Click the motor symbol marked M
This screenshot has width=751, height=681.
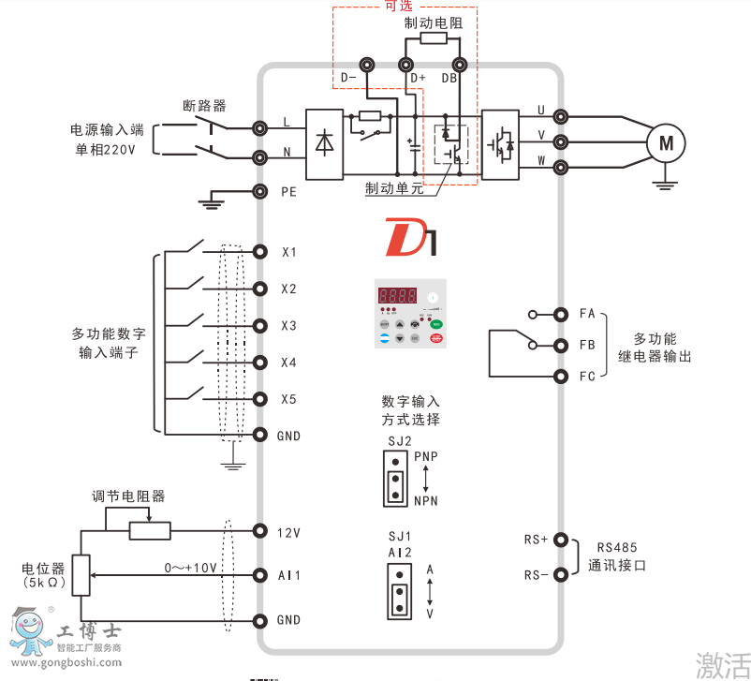(666, 142)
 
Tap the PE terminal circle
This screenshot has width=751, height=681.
(260, 192)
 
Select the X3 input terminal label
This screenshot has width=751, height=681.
(288, 326)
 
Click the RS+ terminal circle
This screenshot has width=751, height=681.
(561, 540)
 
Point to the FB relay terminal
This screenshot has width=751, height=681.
(561, 345)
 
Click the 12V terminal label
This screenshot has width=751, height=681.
(288, 533)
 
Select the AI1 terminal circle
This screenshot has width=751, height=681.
(260, 574)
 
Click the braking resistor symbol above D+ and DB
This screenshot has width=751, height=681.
(433, 39)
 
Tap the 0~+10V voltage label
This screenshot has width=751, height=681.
(190, 568)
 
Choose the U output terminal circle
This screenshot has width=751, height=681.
(561, 116)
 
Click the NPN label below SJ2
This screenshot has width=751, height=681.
(425, 501)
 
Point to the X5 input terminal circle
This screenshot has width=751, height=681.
(260, 399)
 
